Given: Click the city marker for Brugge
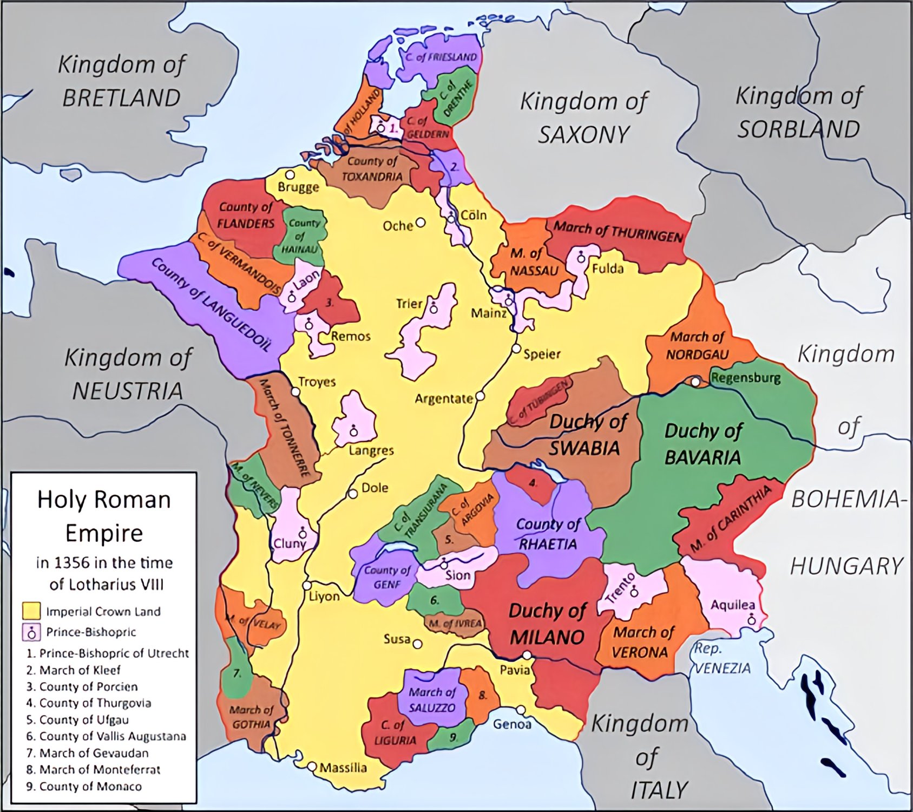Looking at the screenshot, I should pos(290,175).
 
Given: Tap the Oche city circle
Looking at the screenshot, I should pos(421,222).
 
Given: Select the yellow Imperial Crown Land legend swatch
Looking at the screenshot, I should pos(31,611).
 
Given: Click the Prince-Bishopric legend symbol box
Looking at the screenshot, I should pos(31,632).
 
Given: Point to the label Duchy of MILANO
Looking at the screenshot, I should pos(547,624).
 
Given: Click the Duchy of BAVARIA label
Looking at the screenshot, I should pos(702,444).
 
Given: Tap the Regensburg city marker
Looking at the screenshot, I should pos(695,381).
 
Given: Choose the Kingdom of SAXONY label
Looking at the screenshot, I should pos(583,117).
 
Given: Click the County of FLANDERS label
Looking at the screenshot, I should pos(246,215).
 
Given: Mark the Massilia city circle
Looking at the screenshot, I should pos(312,767).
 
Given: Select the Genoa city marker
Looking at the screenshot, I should pos(520,710).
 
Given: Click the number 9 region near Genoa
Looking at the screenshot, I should pos(454,737).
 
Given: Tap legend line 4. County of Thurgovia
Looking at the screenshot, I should pos(88,703).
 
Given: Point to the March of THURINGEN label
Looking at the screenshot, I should pos(618,232).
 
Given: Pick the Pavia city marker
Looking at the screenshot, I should pos(527,656).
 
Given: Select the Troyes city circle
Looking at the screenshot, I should pos(295,391).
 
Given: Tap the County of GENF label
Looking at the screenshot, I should pos(387,577).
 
